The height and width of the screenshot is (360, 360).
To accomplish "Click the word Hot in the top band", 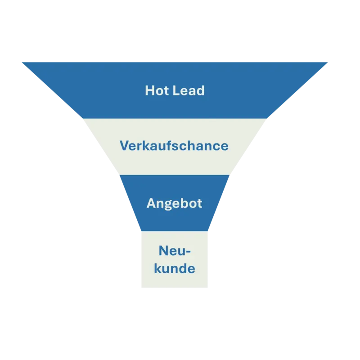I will (x=155, y=90).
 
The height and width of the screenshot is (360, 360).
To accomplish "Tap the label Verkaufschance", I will (x=174, y=146).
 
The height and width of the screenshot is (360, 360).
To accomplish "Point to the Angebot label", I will (x=175, y=203).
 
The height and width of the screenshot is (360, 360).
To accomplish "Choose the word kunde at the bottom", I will (x=175, y=269).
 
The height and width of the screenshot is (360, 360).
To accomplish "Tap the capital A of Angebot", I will (x=151, y=203).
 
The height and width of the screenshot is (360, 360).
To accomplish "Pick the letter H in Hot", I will (x=149, y=90).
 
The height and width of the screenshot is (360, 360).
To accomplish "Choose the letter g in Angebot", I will (x=167, y=204).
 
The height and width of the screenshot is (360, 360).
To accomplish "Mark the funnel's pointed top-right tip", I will (x=330, y=62).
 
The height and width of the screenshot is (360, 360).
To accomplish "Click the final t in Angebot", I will (x=200, y=203).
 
